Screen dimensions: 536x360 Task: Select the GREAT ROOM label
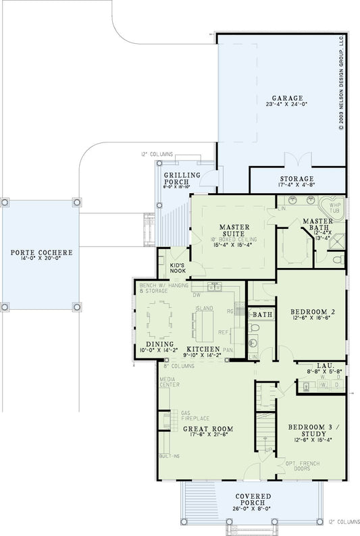[207, 429]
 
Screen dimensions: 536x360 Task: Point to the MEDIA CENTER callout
[169, 382]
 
